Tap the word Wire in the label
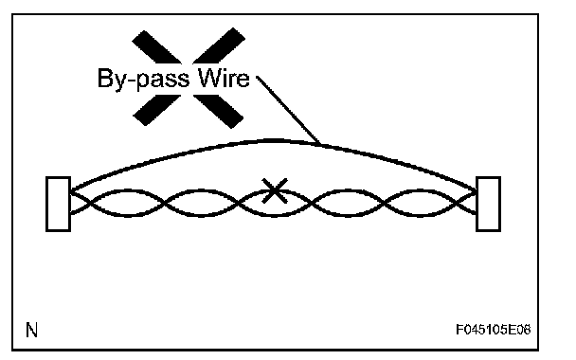pyautogui.click(x=224, y=78)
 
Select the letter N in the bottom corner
pyautogui.click(x=31, y=330)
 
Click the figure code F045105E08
pyautogui.click(x=494, y=330)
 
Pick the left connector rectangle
pyautogui.click(x=58, y=205)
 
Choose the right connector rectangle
pyautogui.click(x=488, y=205)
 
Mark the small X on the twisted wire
pyautogui.click(x=275, y=190)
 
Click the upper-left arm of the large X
pyautogui.click(x=156, y=47)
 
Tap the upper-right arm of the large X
pyautogui.click(x=219, y=45)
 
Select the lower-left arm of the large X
pyautogui.click(x=157, y=110)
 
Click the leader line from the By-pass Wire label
pyautogui.click(x=288, y=110)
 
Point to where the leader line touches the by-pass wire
pyautogui.click(x=320, y=144)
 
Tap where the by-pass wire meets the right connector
pyautogui.click(x=477, y=190)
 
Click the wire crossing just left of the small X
pyautogui.click(x=239, y=203)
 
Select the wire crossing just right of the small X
pyautogui.click(x=312, y=203)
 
